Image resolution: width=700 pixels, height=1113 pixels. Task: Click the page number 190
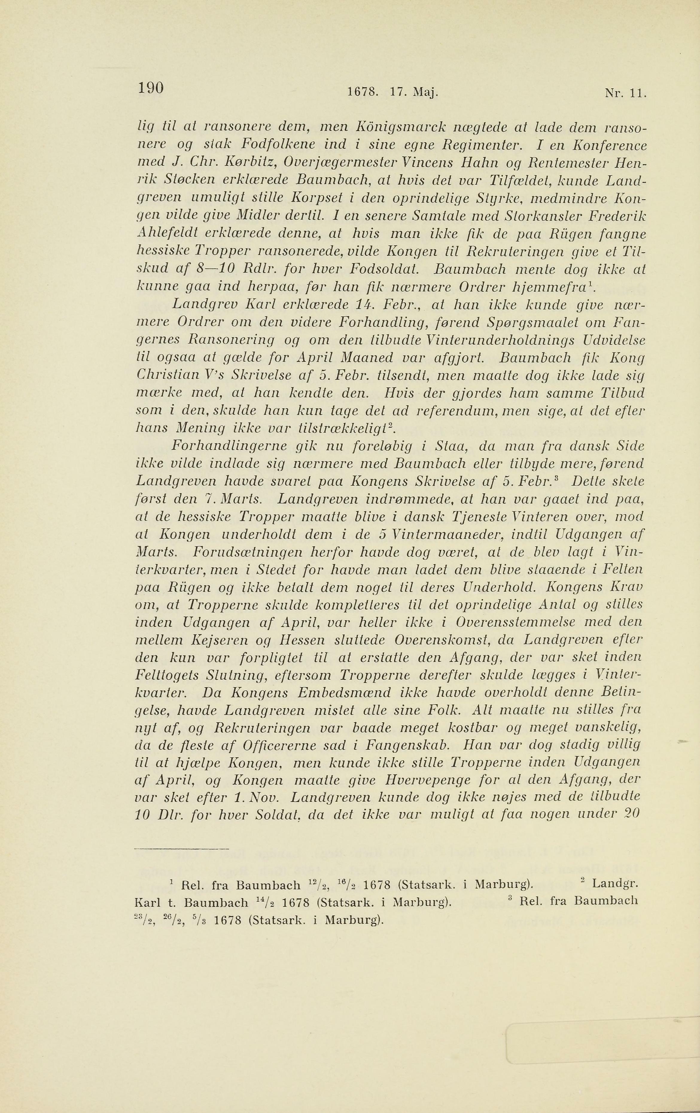[x=151, y=88]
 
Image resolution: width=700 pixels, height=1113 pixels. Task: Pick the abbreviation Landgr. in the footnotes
[x=614, y=886]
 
